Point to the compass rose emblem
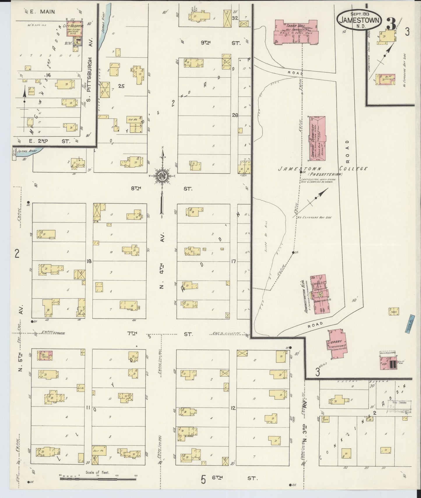pos(162,176)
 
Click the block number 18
pos(89,261)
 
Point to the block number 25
pos(121,86)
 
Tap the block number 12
pos(232,408)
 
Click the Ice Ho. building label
pos(130,119)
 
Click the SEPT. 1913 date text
pos(360,14)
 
